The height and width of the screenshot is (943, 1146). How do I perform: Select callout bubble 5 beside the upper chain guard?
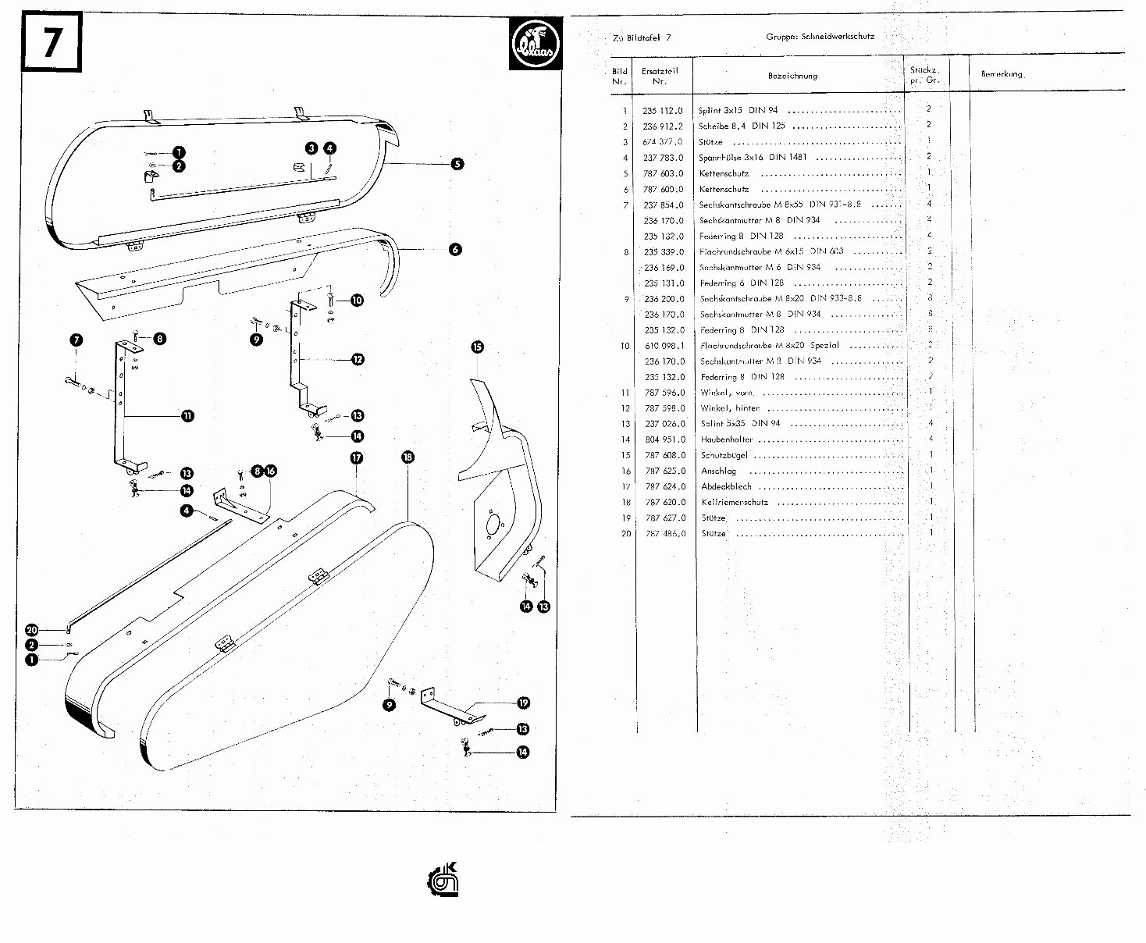tap(457, 164)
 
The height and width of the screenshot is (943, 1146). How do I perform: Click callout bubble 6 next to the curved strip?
tap(455, 249)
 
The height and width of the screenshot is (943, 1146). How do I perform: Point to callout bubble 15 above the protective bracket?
tap(478, 347)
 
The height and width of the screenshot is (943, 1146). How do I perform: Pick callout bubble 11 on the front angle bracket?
tap(188, 416)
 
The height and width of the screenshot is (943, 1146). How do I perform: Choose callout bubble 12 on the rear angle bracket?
tap(358, 359)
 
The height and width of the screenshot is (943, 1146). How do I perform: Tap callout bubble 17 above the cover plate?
tap(357, 458)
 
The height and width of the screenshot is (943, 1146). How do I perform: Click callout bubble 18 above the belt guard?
tap(408, 457)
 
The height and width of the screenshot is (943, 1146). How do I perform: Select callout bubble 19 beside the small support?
tap(523, 703)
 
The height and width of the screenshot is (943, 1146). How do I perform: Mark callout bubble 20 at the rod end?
tap(32, 630)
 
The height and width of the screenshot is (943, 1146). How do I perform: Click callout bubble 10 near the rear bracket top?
tap(357, 300)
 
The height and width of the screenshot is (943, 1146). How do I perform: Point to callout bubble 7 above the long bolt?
tap(76, 340)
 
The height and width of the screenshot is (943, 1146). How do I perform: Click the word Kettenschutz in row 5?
tap(724, 173)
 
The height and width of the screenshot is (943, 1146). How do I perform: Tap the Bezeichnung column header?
tap(792, 76)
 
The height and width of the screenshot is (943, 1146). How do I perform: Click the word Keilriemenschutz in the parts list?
tap(735, 502)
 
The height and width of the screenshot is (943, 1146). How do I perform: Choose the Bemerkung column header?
tap(1002, 74)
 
